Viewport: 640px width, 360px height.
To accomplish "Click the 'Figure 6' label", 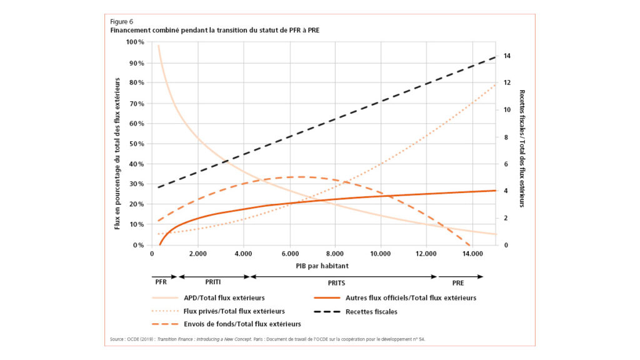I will pyautogui.click(x=122, y=21).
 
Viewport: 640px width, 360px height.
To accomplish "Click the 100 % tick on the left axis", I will pyautogui.click(x=135, y=42).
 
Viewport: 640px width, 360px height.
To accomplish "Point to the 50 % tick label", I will pyautogui.click(x=136, y=144).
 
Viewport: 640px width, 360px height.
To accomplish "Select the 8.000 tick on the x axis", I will pyautogui.click(x=335, y=254).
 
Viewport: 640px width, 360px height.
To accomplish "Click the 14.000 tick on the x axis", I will pyautogui.click(x=472, y=254).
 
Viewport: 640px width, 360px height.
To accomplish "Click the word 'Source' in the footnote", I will pyautogui.click(x=117, y=340).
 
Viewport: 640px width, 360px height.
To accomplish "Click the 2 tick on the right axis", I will pyautogui.click(x=506, y=218).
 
